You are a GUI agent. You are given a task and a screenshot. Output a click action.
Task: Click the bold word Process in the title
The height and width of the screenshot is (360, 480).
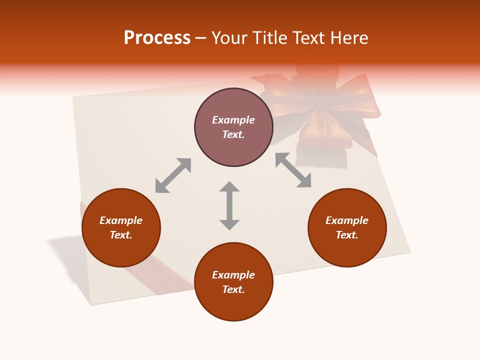coord(157,38)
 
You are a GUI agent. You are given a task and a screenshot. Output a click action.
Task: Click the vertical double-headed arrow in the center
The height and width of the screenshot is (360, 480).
coord(229,205)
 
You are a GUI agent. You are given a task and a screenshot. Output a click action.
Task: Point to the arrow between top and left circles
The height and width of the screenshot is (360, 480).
coord(173,175)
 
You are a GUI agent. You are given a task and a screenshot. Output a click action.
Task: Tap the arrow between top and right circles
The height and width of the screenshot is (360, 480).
coord(293,170)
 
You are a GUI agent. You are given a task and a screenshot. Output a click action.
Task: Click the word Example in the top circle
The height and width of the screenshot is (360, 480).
coord(233,120)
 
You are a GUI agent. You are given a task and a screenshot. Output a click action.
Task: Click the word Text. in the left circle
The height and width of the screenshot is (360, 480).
coord(121,235)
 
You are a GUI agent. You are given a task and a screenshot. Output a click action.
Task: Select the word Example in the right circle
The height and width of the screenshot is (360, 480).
coord(347,220)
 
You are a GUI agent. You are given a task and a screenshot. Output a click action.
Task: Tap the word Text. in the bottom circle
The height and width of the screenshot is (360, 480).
coord(233,289)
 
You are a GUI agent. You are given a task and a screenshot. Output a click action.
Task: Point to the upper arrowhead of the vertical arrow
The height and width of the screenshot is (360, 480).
coord(229,187)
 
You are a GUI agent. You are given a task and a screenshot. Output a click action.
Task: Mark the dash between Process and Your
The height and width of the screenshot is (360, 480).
coord(201,38)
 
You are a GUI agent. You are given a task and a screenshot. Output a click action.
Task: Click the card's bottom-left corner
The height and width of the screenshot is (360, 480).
coord(91,304)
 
